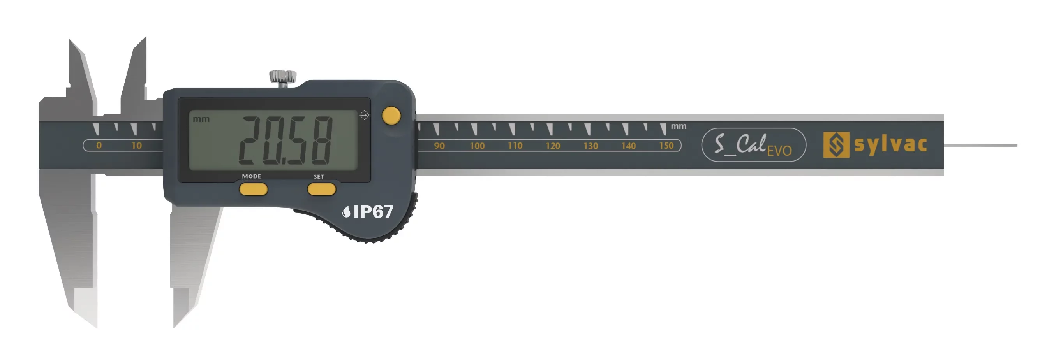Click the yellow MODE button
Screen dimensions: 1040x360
point(254,189)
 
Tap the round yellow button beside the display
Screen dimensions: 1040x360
point(391,116)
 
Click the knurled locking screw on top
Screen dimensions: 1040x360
point(283,78)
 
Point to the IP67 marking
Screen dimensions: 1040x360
point(368,211)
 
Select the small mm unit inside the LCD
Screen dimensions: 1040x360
point(201,119)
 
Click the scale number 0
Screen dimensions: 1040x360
point(99,145)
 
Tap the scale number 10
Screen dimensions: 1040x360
point(136,145)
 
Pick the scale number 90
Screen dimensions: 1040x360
point(439,146)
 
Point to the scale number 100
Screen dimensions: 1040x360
point(477,146)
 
